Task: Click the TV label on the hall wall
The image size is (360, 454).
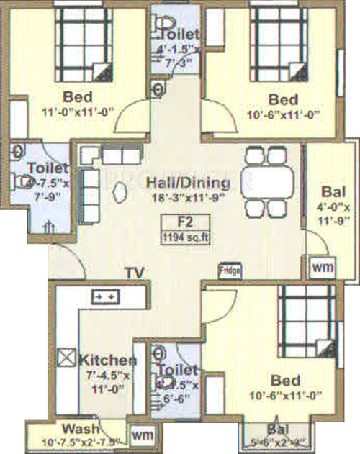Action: click(x=132, y=273)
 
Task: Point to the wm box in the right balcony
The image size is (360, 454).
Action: click(x=322, y=267)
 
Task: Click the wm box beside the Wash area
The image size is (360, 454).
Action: click(x=141, y=434)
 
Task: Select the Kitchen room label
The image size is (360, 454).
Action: click(x=107, y=360)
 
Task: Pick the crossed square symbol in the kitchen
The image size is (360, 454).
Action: click(x=66, y=356)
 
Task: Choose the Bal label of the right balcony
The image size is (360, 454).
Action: click(x=331, y=192)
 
